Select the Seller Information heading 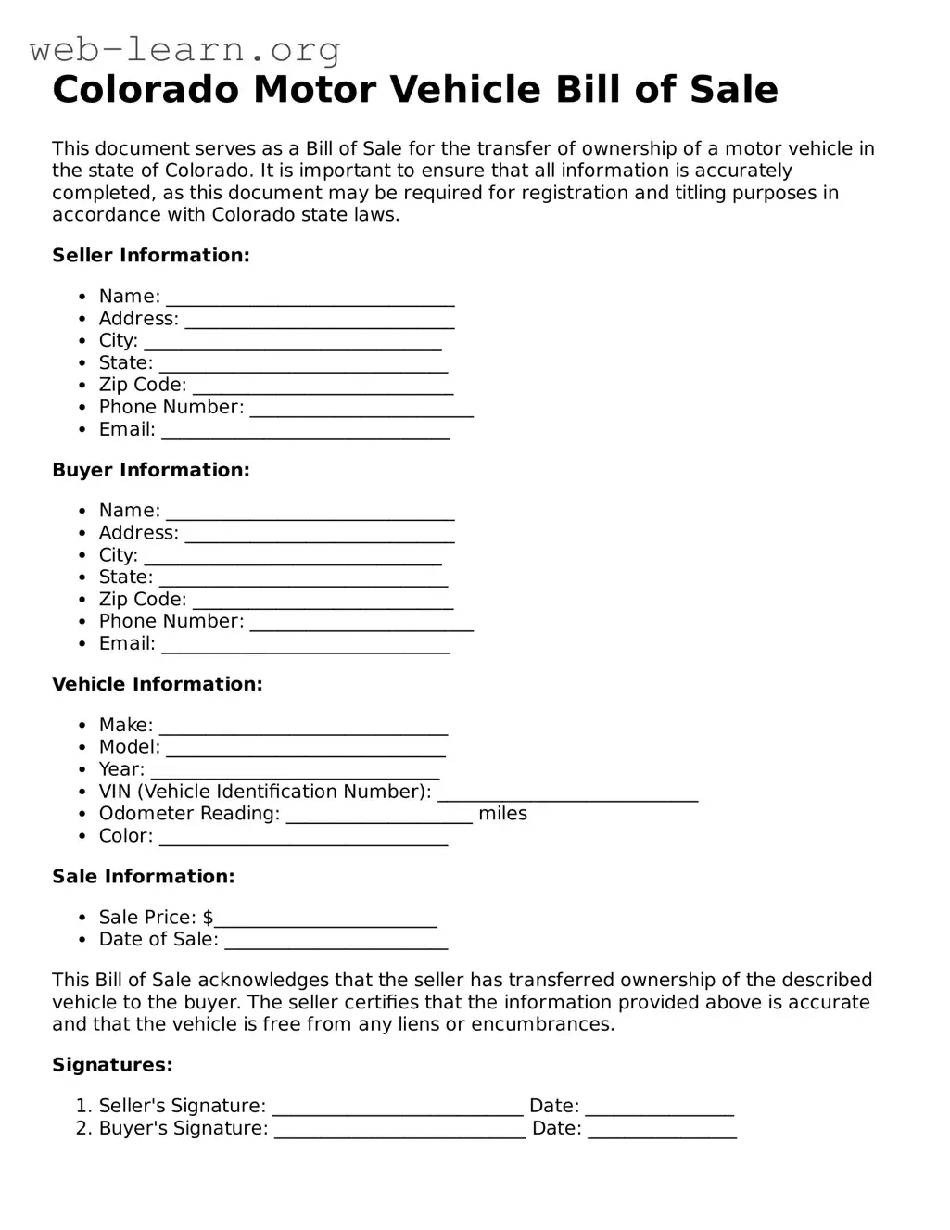(x=151, y=255)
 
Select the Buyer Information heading (x=151, y=470)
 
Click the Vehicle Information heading (x=158, y=684)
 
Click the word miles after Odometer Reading (x=502, y=814)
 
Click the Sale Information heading (x=144, y=877)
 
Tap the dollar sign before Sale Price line (x=208, y=918)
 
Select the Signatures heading (x=112, y=1065)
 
